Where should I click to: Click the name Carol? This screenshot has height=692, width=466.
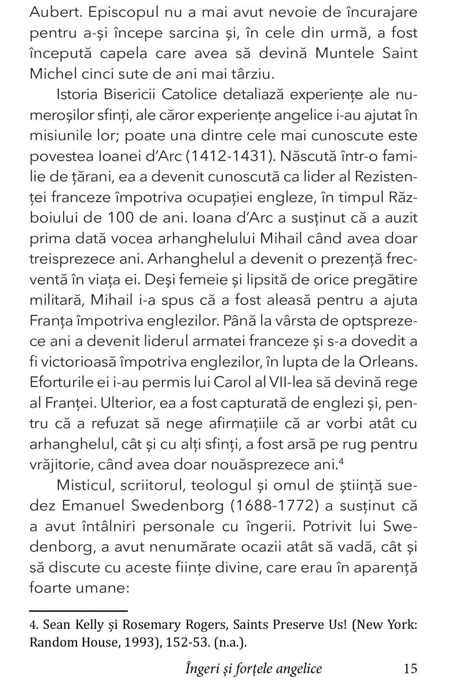point(235,382)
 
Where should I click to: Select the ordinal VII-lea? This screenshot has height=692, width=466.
point(289,382)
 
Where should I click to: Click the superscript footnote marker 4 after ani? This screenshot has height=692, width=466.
point(341,461)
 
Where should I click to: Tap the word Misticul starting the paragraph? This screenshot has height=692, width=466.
point(82,485)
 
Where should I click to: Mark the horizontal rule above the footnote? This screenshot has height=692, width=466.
point(78,611)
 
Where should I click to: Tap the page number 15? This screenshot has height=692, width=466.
point(410,669)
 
